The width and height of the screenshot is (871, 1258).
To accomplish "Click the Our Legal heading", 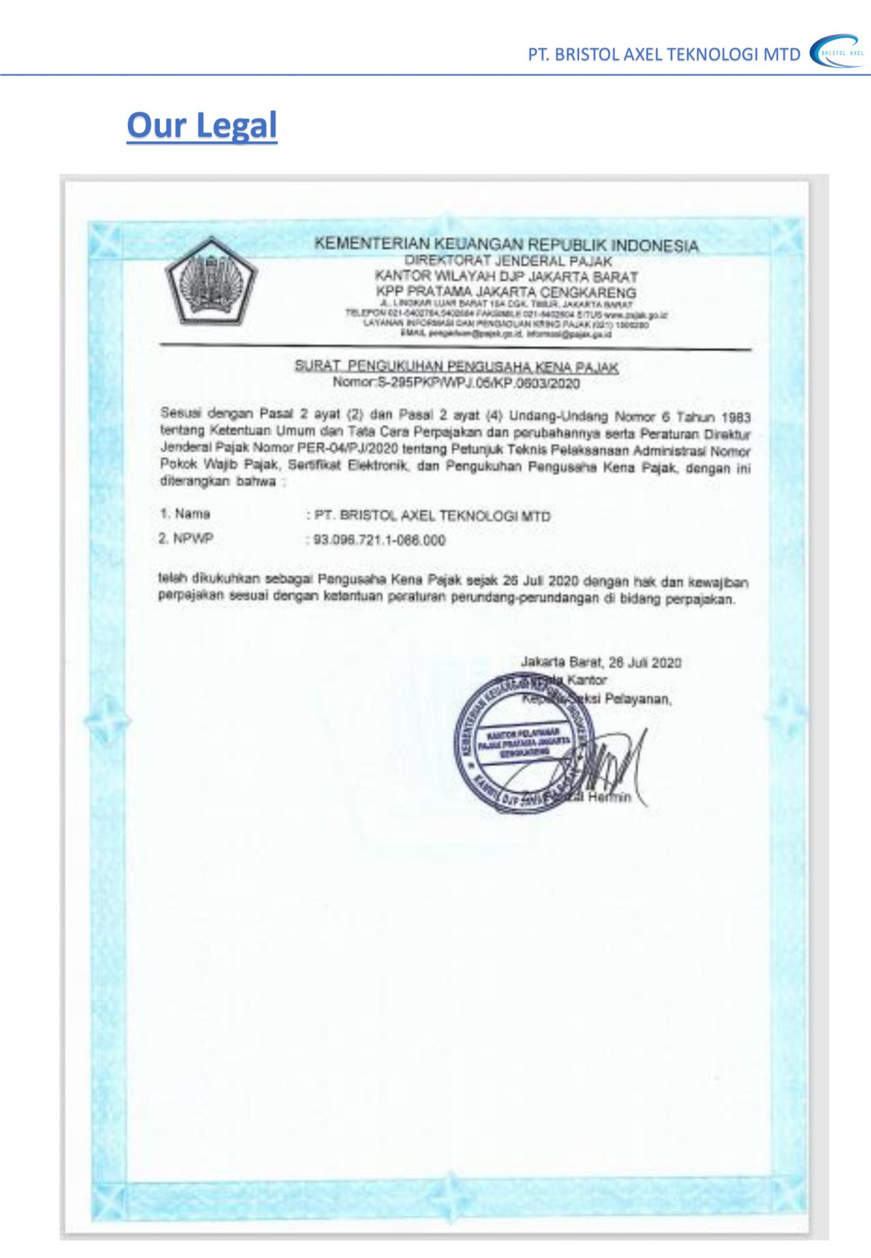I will tap(202, 125).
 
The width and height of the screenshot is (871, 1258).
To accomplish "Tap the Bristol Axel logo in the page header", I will tap(838, 52).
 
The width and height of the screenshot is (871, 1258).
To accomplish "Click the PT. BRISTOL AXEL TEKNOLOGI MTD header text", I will tap(664, 54).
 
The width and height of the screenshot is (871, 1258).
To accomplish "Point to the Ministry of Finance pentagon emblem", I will tap(211, 281).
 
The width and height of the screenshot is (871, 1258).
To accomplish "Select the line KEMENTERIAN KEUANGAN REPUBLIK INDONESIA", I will tap(506, 244).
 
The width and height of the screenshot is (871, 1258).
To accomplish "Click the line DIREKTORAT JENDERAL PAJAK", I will tap(508, 261).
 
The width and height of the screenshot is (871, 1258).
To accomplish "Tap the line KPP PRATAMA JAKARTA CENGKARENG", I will tap(506, 292).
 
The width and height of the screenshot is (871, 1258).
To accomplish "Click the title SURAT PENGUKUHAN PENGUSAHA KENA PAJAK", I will tap(456, 366).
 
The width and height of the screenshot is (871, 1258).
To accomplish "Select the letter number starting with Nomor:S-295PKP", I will tap(456, 383).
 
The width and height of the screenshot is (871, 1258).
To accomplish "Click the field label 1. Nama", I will tap(185, 514).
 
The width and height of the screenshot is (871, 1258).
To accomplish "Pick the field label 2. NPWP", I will tap(185, 538).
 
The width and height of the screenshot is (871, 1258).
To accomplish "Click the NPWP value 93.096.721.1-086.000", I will tap(380, 540).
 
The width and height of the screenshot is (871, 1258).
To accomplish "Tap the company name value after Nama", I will tap(433, 515).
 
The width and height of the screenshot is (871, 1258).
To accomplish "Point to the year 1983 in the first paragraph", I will tap(736, 418).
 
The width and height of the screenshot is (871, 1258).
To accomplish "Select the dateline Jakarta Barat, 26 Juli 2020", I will tap(601, 662).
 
